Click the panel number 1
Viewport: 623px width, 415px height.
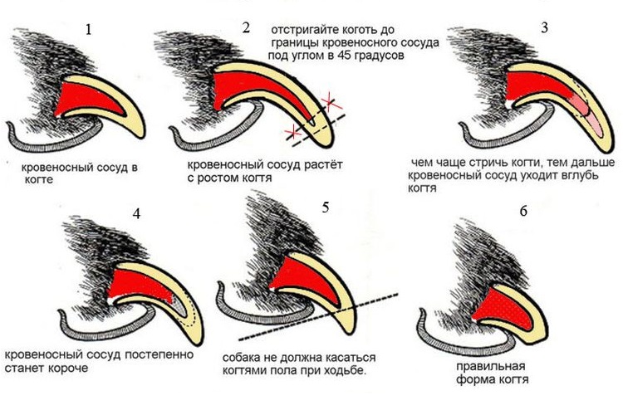coord(90,30)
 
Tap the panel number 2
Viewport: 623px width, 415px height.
coord(246,27)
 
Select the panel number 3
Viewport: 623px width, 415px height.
coord(544,27)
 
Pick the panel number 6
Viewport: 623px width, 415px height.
coord(522,212)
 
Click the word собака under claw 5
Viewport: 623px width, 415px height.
coord(244,355)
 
